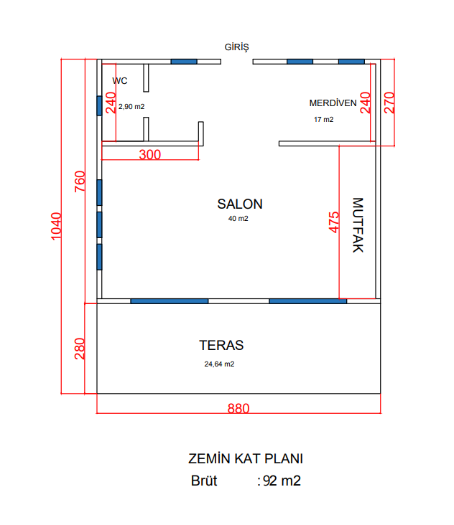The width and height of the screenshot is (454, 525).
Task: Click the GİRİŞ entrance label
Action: (x=237, y=47)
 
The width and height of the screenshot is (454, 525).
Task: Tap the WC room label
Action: (x=120, y=81)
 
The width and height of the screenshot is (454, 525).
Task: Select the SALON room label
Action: (x=240, y=204)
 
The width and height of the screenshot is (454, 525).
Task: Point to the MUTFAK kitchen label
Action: (x=358, y=225)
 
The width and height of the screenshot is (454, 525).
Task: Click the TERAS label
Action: (x=221, y=345)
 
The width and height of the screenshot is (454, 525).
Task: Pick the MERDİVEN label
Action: (x=333, y=103)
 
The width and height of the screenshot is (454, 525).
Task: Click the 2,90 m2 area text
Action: (x=131, y=107)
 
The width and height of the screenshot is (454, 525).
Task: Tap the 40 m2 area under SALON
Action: (x=238, y=219)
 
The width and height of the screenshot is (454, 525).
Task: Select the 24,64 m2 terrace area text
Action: (x=219, y=364)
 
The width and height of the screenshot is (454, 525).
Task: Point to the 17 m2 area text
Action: (x=323, y=120)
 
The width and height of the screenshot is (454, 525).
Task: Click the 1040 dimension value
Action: (x=56, y=227)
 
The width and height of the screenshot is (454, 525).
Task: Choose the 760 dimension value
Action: (x=80, y=181)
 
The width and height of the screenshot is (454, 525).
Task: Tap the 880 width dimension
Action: (x=238, y=409)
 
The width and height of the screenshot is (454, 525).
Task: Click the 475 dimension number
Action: (x=334, y=222)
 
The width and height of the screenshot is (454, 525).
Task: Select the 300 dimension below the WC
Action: (x=150, y=154)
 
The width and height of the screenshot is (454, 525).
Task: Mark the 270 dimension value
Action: (x=389, y=103)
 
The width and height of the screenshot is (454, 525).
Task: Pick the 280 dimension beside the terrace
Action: (x=80, y=349)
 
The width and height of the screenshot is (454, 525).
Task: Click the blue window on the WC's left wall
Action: (x=99, y=106)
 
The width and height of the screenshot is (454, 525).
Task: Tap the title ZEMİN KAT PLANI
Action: (x=246, y=459)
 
